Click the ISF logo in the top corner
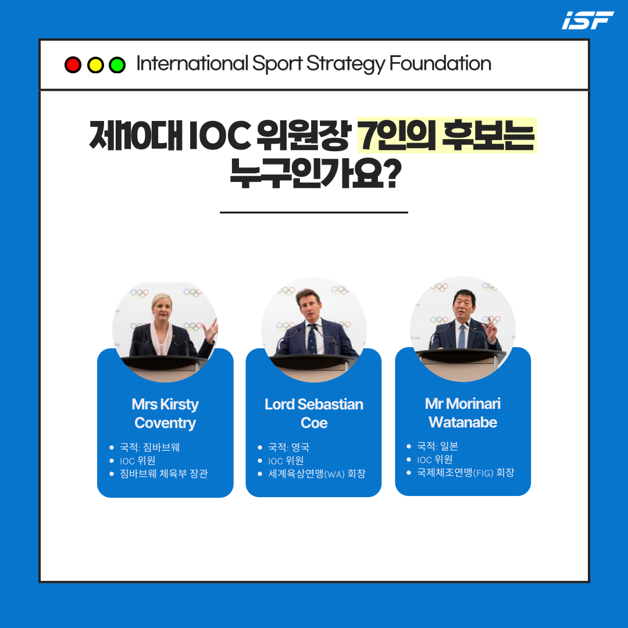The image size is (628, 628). [587, 20]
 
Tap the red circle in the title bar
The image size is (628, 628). [73, 65]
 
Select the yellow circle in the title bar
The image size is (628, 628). [95, 65]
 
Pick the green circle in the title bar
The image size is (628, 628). [117, 65]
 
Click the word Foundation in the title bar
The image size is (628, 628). [440, 63]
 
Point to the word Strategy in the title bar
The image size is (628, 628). [345, 64]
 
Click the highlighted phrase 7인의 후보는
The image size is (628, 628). [447, 135]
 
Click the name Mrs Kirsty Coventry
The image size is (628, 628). [165, 413]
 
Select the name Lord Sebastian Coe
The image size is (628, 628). [314, 413]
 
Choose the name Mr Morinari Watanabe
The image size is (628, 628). [463, 412]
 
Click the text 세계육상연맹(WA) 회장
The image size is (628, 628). [317, 474]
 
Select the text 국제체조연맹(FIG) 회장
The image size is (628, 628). [465, 473]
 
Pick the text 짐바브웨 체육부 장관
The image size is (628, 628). [164, 474]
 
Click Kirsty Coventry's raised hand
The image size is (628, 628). [210, 330]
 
